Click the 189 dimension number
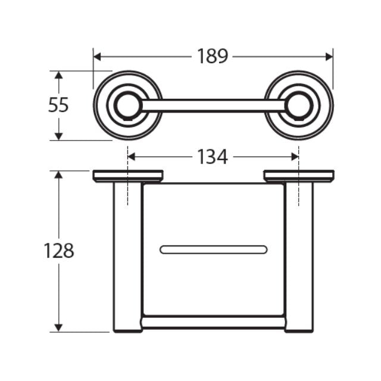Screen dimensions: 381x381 click(x=213, y=57)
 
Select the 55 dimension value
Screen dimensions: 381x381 click(x=58, y=105)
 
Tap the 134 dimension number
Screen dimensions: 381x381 click(x=213, y=157)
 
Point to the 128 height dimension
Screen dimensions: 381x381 click(x=58, y=251)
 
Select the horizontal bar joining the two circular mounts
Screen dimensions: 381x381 click(x=213, y=105)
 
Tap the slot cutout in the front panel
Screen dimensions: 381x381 click(x=213, y=249)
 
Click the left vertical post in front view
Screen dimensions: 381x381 click(x=127, y=256)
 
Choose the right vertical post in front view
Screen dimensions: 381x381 click(x=299, y=256)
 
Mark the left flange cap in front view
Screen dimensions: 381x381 click(x=127, y=176)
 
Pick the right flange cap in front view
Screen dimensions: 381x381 click(x=299, y=176)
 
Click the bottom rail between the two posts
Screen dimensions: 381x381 click(x=213, y=323)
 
